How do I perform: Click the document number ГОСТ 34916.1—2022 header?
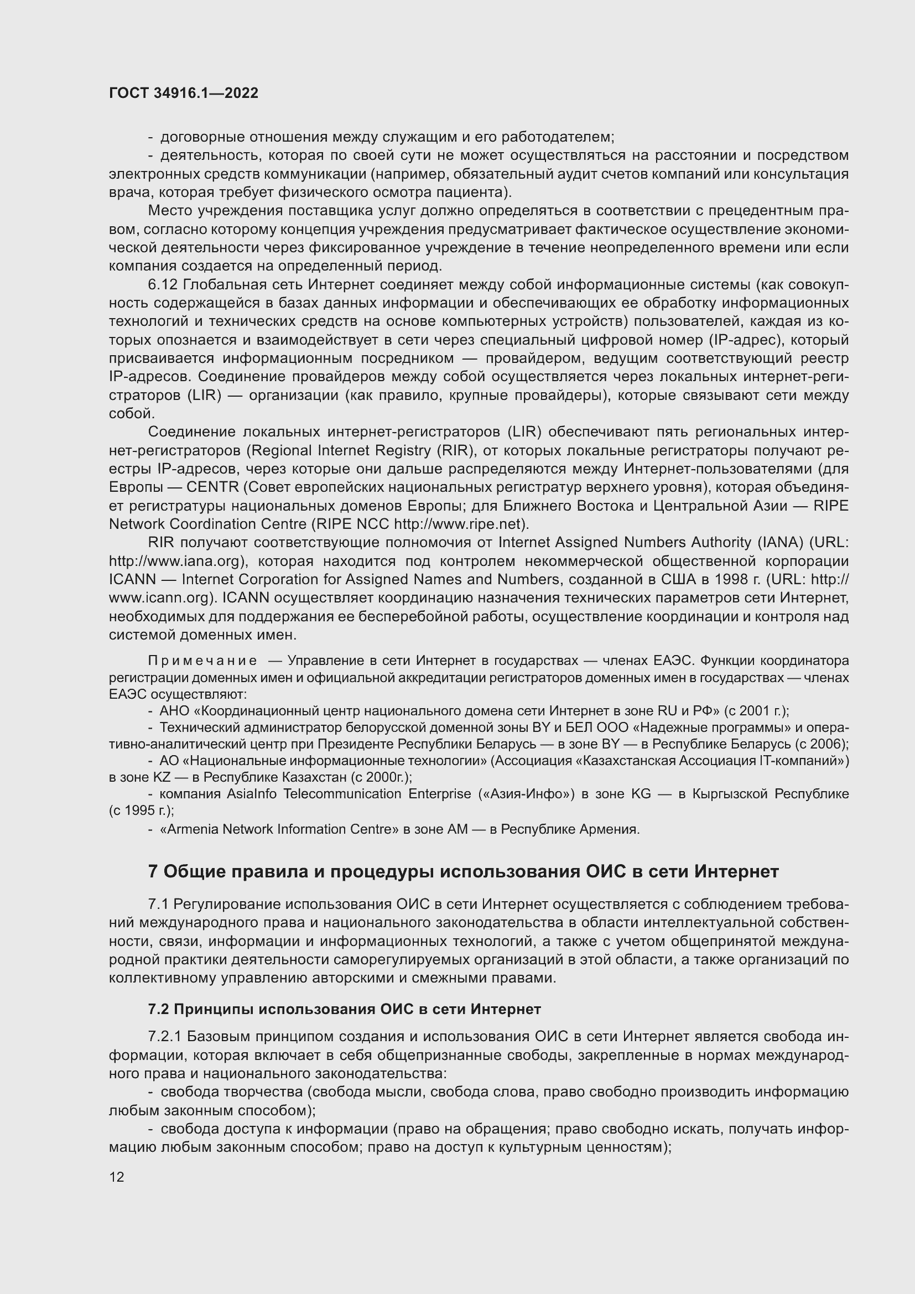(184, 93)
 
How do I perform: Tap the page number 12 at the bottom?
(117, 1177)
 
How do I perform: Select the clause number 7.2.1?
(164, 1037)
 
